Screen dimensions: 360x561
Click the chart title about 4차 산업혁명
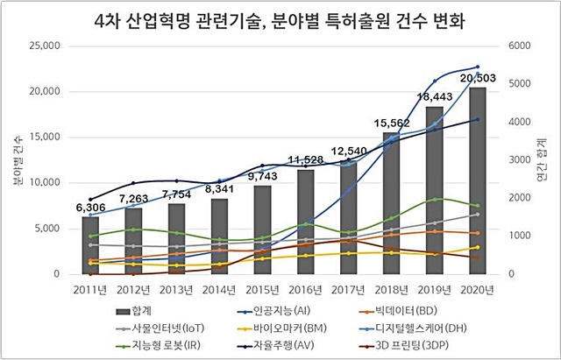[280, 18]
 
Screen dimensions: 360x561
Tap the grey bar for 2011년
[91, 246]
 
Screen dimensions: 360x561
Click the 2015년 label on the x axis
[263, 287]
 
